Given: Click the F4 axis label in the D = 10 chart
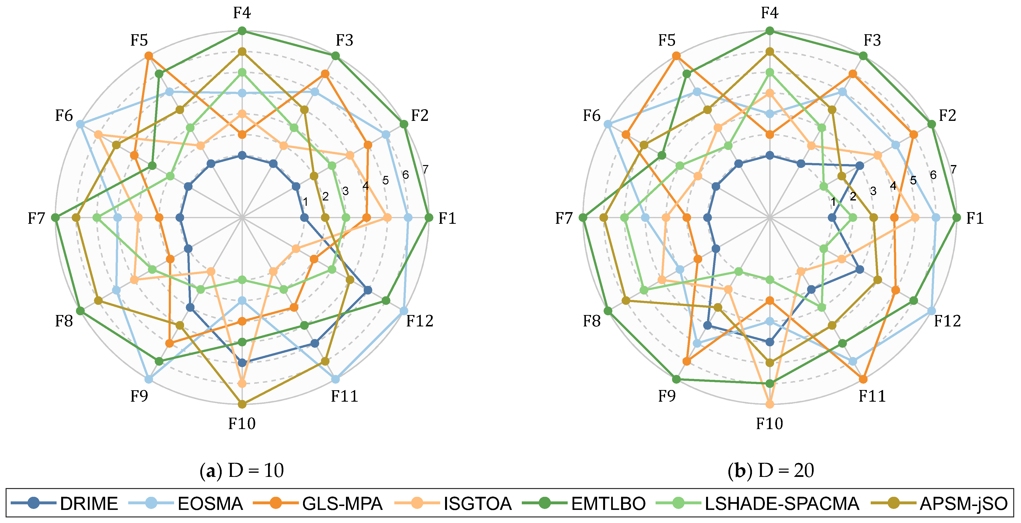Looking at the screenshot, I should [242, 13].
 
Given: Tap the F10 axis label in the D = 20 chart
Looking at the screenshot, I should [769, 423].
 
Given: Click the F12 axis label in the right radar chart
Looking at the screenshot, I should [947, 321].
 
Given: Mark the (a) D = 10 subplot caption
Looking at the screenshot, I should [242, 470].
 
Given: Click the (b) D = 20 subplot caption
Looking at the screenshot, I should [770, 470].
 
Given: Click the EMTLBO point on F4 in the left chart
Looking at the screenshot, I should [242, 31].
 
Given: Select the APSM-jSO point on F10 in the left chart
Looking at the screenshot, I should [242, 404].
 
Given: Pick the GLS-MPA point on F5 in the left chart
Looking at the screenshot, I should [149, 56].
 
